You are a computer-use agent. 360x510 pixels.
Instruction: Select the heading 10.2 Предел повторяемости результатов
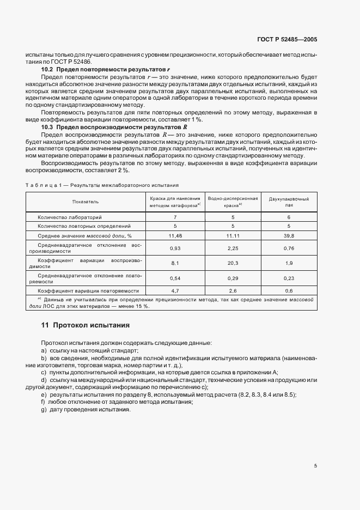(106, 70)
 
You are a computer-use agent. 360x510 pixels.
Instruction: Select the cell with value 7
(175, 217)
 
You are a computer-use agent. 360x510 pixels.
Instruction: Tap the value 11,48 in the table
(175, 235)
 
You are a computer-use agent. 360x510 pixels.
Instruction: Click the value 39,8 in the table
(289, 235)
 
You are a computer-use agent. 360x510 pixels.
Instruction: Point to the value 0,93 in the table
(175, 248)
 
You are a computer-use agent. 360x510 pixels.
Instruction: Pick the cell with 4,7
(175, 291)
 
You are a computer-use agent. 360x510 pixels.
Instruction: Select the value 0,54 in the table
(175, 277)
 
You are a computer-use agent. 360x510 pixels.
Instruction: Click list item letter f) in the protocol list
(43, 402)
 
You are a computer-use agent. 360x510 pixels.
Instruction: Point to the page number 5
(315, 465)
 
